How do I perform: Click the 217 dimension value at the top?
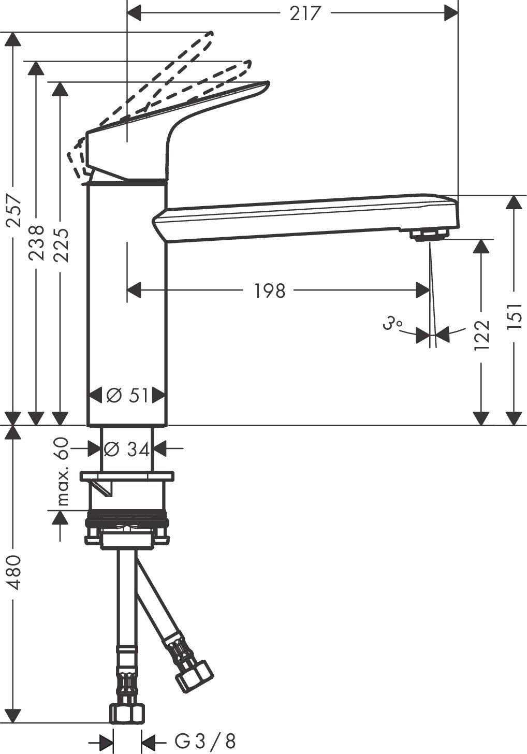click(x=305, y=13)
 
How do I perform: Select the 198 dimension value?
click(x=270, y=291)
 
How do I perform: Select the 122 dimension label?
click(x=482, y=335)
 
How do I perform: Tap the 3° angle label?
click(x=392, y=325)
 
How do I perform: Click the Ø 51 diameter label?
click(x=127, y=396)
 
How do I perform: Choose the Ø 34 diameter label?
click(x=127, y=449)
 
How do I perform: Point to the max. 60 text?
click(x=63, y=472)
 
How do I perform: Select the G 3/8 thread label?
click(x=205, y=741)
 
